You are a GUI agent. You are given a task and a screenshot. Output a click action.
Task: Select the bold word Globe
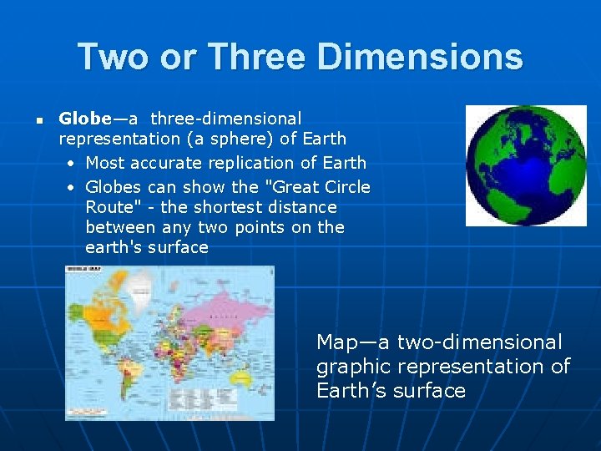[x=84, y=119]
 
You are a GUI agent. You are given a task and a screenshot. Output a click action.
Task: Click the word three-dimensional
[x=226, y=119]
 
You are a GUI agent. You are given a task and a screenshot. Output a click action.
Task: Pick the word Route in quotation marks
[x=109, y=207]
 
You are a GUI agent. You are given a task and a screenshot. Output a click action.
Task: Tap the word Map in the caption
[x=336, y=342]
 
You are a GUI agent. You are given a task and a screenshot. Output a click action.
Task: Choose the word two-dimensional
[x=479, y=342]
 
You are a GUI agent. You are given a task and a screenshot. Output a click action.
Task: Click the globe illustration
[x=526, y=165]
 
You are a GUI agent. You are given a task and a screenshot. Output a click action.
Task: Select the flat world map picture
[x=170, y=342]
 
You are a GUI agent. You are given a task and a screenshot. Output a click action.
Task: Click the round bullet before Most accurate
[x=73, y=163]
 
